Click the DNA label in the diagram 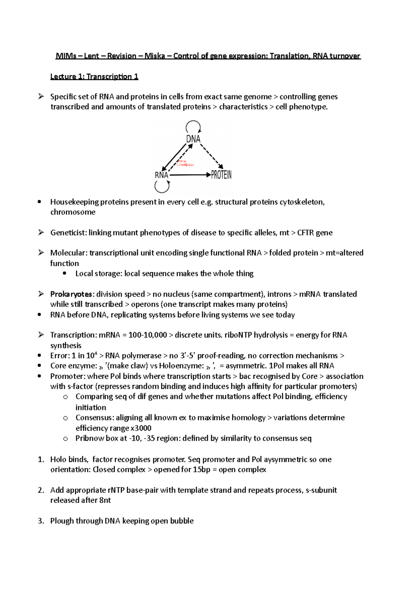click(x=193, y=139)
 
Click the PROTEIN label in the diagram click(x=221, y=175)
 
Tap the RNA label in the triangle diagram click(x=162, y=175)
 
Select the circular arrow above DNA click(x=193, y=126)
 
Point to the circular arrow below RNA click(x=162, y=187)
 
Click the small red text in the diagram click(x=185, y=163)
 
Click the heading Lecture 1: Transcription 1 click(x=94, y=77)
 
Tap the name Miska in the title click(x=155, y=56)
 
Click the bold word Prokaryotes click(x=71, y=294)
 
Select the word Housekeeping click(x=74, y=202)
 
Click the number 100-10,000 click(x=148, y=335)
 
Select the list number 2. click(x=41, y=490)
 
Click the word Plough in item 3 click(x=62, y=521)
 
